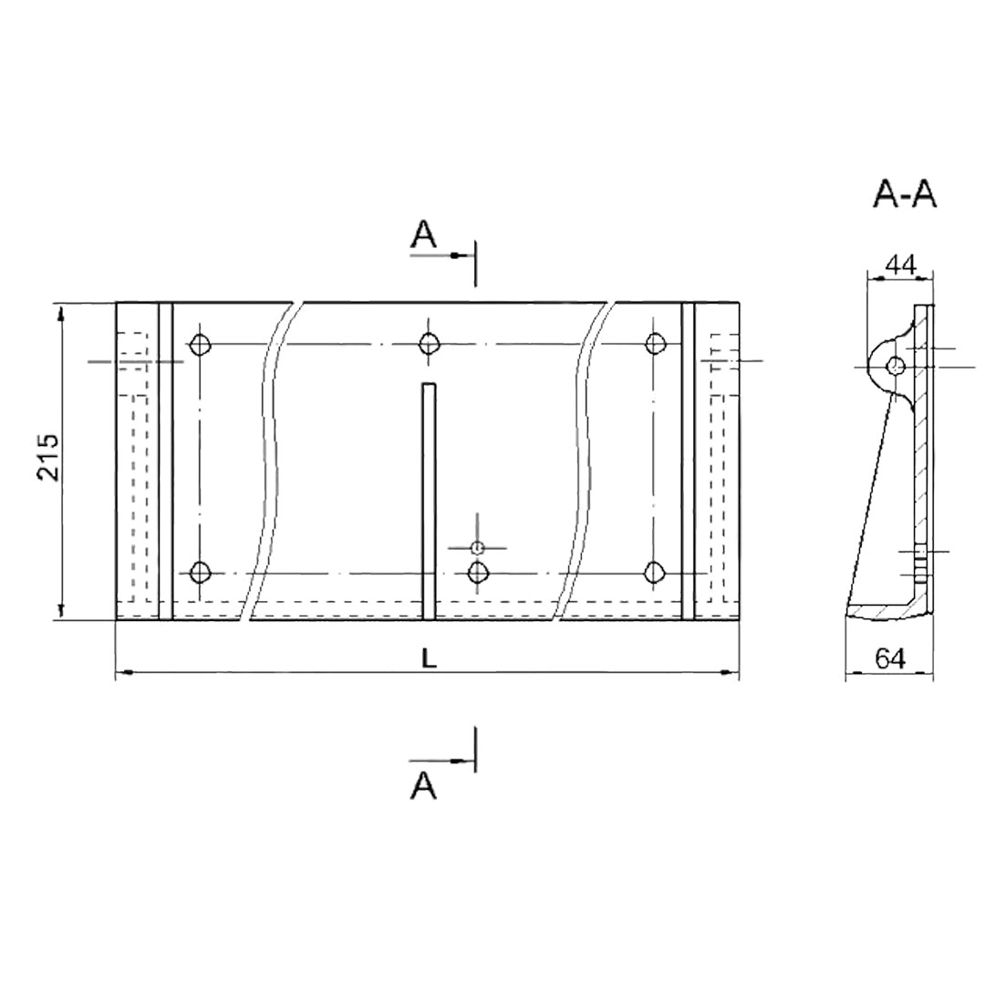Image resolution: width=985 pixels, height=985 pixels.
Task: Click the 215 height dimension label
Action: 47,457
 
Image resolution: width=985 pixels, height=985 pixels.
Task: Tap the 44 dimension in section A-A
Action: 900,264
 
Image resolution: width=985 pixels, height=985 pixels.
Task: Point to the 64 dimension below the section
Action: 891,658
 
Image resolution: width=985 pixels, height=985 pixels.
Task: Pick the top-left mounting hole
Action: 201,344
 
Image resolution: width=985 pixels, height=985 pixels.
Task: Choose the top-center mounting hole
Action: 429,344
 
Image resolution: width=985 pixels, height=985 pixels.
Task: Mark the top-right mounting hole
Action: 655,344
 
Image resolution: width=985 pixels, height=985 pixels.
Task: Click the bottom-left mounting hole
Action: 200,572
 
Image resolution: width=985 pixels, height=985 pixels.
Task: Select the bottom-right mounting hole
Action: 655,572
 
